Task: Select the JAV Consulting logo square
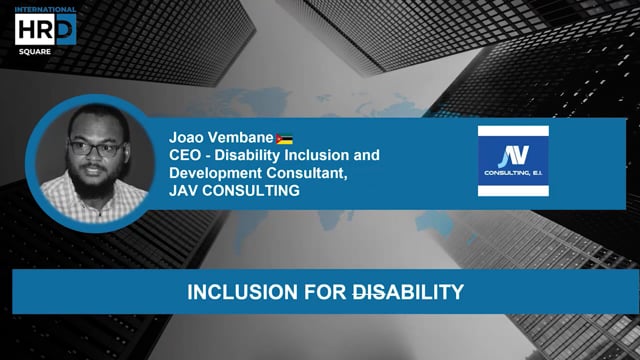pyautogui.click(x=513, y=160)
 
